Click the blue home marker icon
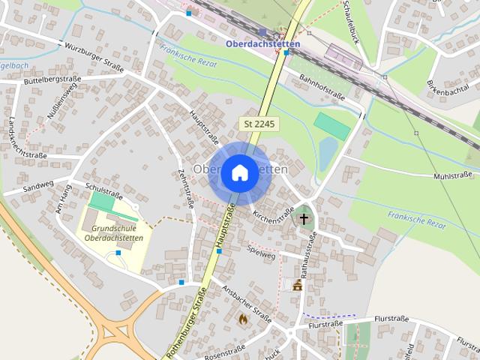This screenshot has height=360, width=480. coord(239,172)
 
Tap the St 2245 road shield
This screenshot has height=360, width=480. coord(259,124)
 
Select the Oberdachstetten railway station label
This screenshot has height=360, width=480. coord(262,43)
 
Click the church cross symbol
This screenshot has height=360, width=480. coord(304,219)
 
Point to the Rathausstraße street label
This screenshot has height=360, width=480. coord(308,252)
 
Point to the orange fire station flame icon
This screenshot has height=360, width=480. coord(242,318)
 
